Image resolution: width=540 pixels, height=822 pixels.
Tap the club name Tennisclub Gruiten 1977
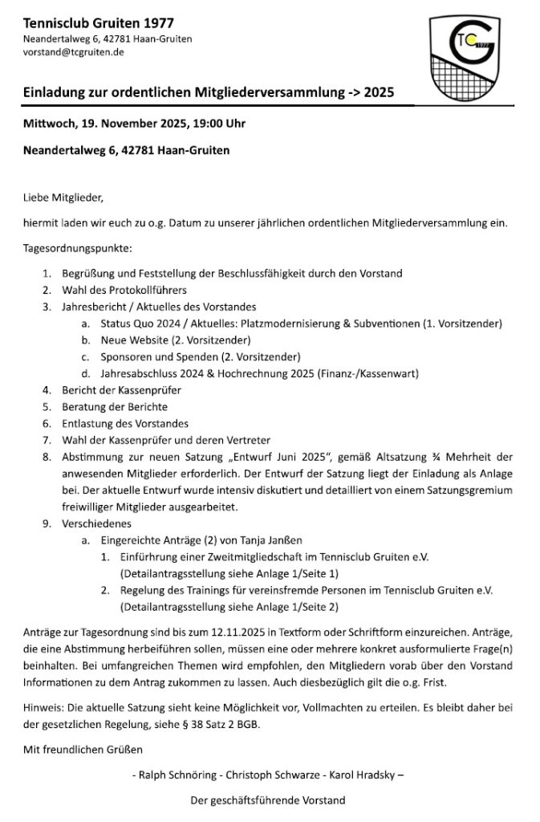tap(98, 23)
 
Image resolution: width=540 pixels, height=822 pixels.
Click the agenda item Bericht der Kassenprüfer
tap(121, 389)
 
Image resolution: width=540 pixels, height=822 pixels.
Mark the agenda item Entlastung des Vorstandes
tap(124, 423)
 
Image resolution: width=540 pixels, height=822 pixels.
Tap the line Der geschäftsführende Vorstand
tap(267, 800)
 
